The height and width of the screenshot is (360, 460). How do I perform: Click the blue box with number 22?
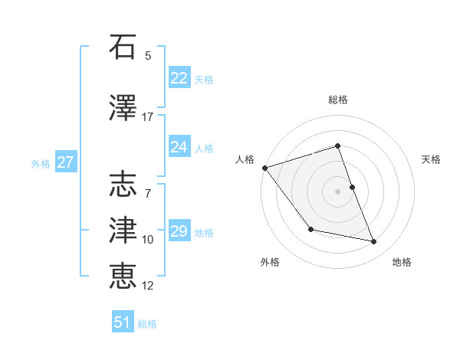tap(179, 78)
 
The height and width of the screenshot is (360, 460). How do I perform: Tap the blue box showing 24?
tap(179, 147)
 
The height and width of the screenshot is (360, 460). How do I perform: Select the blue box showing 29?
tap(179, 231)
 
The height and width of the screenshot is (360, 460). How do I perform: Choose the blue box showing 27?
tap(65, 162)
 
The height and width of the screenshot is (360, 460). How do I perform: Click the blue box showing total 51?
tap(123, 322)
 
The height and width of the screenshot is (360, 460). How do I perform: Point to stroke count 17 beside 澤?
tap(148, 117)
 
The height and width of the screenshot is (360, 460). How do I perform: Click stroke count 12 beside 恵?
tap(148, 286)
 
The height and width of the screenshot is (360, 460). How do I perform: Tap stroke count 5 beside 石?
tap(148, 56)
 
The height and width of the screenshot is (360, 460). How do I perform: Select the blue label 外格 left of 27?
tap(41, 163)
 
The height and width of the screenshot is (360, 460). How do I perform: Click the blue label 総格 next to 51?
tap(147, 323)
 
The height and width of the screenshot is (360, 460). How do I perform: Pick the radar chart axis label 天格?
tap(432, 159)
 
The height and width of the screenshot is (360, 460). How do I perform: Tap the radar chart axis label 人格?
tap(245, 159)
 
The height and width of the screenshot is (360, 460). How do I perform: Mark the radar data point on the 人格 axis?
tap(264, 167)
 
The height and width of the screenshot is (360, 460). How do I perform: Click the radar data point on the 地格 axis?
tap(374, 242)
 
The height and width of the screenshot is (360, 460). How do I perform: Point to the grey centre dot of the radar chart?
tap(337, 191)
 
